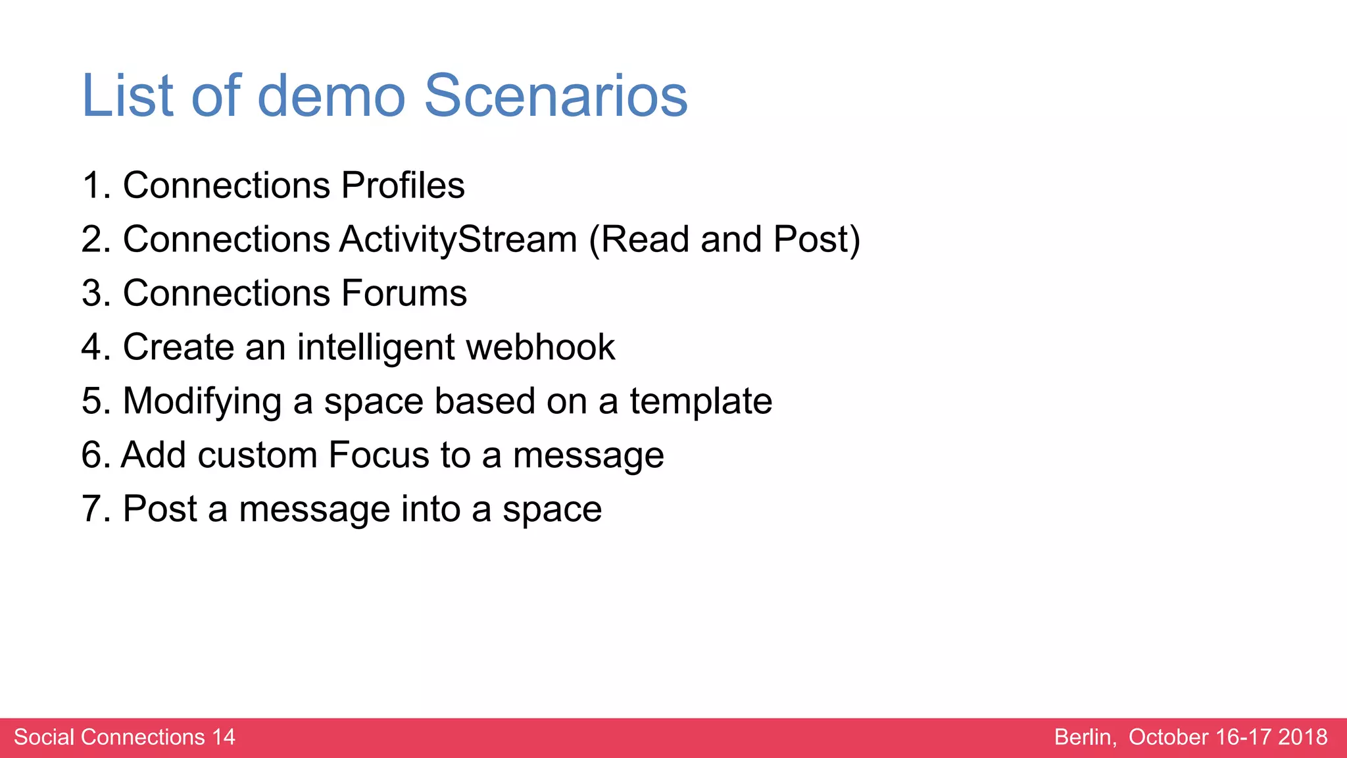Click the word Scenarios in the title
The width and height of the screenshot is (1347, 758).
click(556, 96)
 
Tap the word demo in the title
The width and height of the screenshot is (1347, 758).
click(331, 96)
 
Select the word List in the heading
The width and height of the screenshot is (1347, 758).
click(128, 96)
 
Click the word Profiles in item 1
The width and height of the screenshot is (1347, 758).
click(403, 185)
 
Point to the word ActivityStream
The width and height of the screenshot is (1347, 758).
click(458, 239)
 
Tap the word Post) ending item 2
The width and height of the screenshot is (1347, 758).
click(816, 239)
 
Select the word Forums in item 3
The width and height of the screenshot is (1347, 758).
click(404, 293)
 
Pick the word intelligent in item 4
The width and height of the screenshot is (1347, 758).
click(376, 347)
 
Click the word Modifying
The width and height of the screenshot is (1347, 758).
click(203, 401)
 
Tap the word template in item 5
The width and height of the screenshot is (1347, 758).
click(700, 401)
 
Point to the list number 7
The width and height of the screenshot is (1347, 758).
click(93, 509)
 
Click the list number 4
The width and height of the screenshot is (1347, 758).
click(93, 347)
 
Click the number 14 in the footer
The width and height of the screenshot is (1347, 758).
click(223, 737)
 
